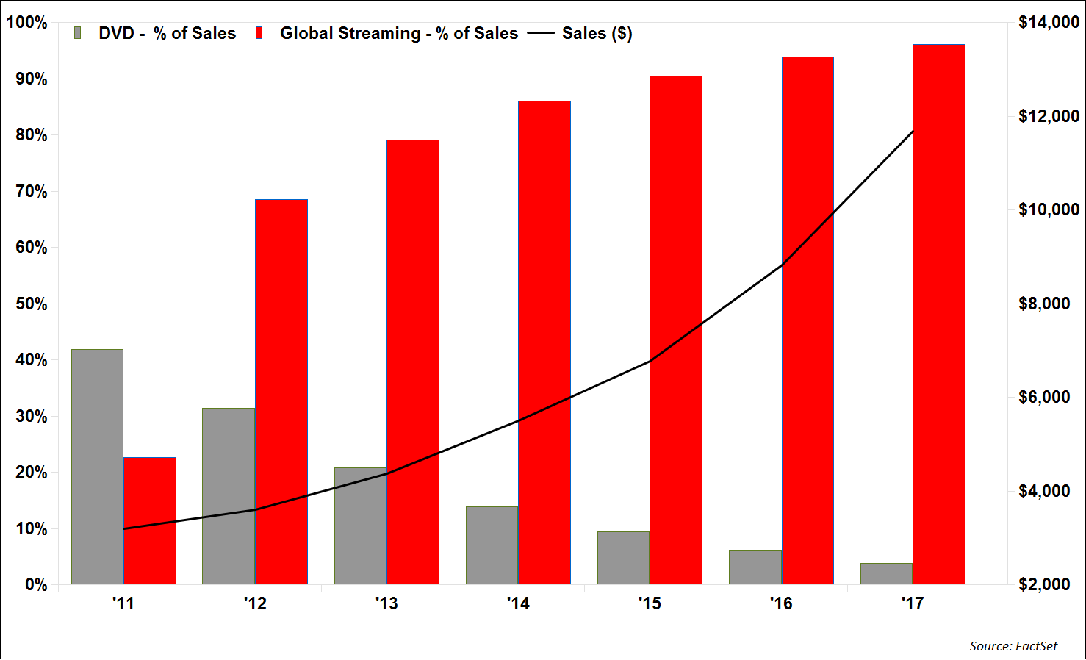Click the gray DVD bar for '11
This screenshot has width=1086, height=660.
tap(97, 467)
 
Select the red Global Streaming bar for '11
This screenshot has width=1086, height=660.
tap(150, 520)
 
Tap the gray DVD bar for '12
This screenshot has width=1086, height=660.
tap(229, 496)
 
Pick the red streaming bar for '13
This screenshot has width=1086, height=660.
tap(413, 362)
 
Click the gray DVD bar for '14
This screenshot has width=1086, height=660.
tap(492, 545)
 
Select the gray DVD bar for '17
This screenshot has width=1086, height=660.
tap(886, 573)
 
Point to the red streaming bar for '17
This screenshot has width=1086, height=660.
tap(939, 315)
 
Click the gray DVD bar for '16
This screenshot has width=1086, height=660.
tap(755, 567)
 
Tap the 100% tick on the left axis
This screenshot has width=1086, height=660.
tap(27, 23)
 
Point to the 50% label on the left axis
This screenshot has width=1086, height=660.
tap(31, 304)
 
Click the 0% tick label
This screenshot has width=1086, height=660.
tap(35, 585)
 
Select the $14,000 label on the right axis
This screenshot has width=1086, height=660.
tap(1049, 23)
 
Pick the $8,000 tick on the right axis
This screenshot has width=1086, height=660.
tap(1044, 304)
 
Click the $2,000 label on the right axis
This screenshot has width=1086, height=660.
tap(1044, 585)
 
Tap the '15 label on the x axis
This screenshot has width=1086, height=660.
tap(650, 603)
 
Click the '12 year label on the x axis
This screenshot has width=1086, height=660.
tap(255, 603)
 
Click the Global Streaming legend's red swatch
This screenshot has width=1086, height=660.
tap(259, 33)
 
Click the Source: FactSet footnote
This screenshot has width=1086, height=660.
tap(1013, 646)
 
